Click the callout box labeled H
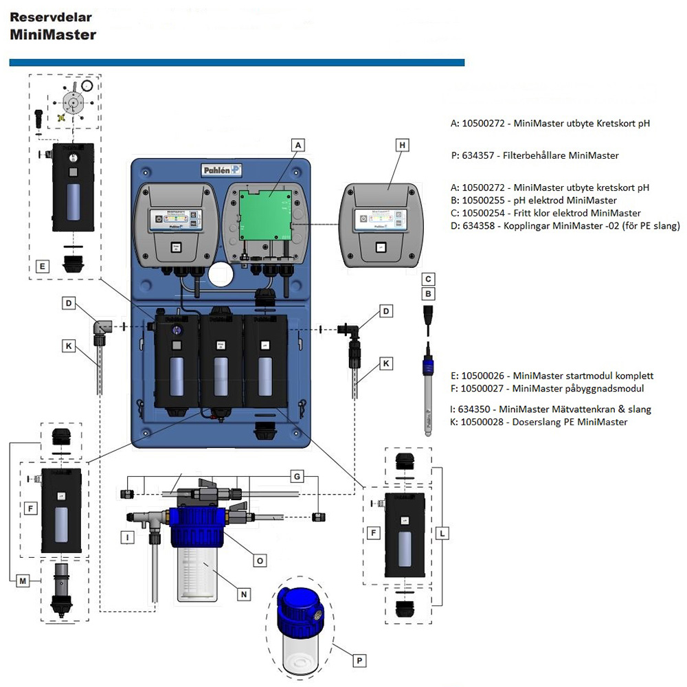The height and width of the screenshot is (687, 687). tap(403, 145)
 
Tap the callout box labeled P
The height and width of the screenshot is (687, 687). tap(357, 660)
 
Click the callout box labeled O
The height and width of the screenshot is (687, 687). tap(260, 561)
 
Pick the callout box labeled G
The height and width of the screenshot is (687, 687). tap(296, 475)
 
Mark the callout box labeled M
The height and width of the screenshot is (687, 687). tap(24, 581)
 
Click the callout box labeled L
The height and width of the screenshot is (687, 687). tap(443, 532)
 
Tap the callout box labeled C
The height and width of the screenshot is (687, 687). tap(428, 279)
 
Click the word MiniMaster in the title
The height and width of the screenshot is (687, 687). tap(53, 34)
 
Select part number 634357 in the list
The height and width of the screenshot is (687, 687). tap(478, 155)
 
